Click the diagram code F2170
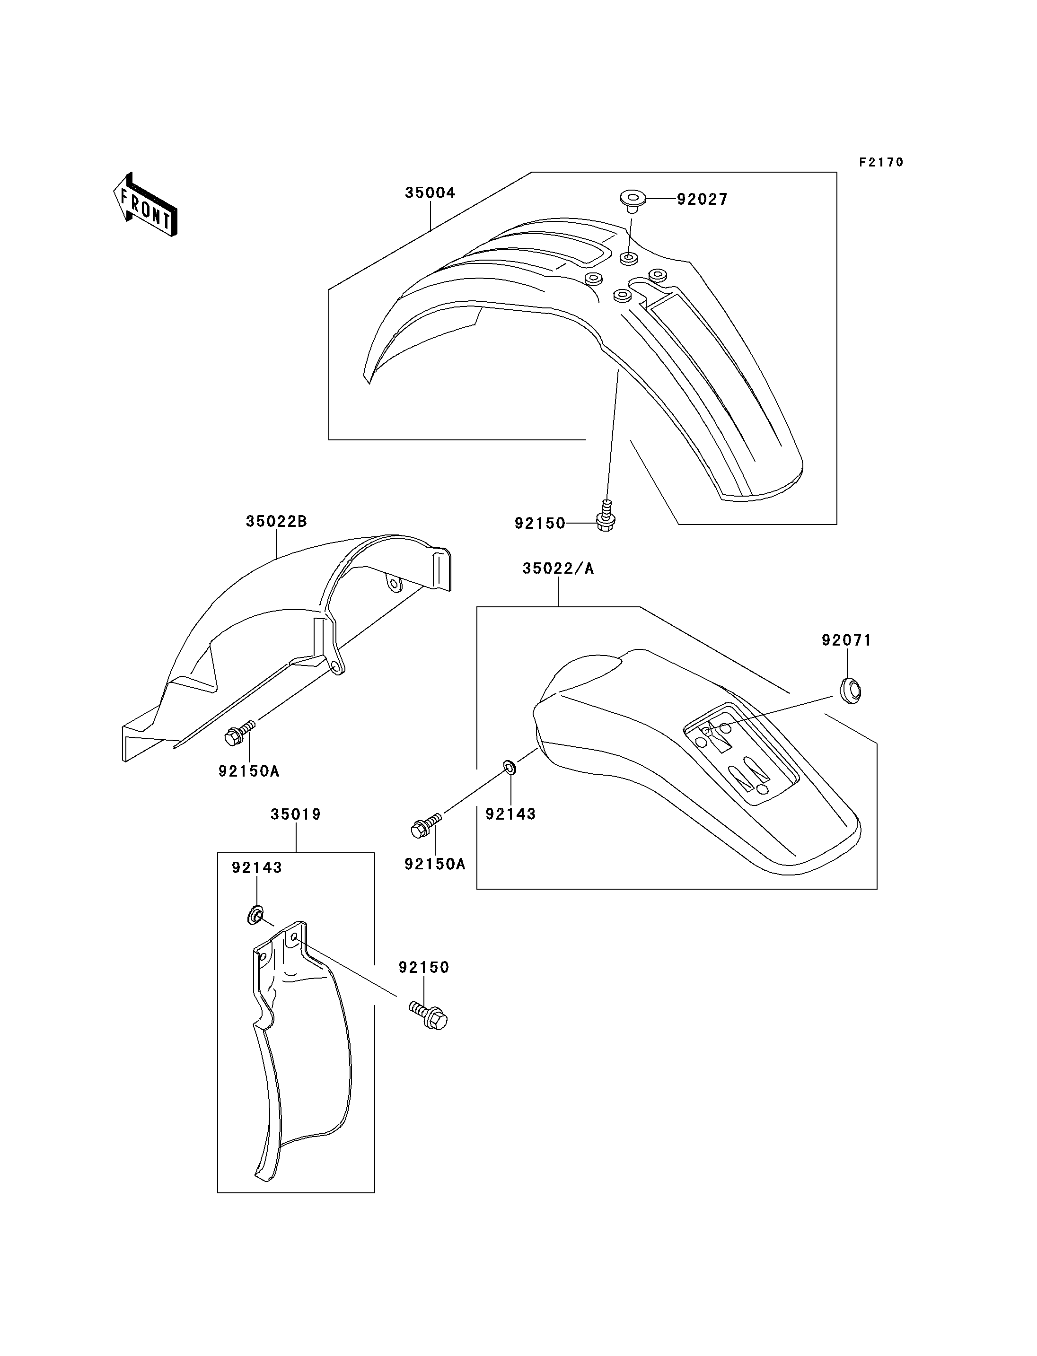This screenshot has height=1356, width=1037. pyautogui.click(x=881, y=162)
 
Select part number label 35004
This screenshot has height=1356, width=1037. pyautogui.click(x=430, y=193)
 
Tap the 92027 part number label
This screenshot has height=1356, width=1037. pyautogui.click(x=703, y=200)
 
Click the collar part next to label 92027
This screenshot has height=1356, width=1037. pyautogui.click(x=632, y=201)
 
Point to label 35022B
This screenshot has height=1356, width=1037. pyautogui.click(x=276, y=522)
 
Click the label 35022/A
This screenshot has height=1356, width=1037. pyautogui.click(x=558, y=569)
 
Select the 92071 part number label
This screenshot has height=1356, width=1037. pyautogui.click(x=846, y=641)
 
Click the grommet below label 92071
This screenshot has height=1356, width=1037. pyautogui.click(x=850, y=691)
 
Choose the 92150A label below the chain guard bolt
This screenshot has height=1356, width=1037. pyautogui.click(x=249, y=771)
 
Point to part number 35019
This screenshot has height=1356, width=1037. pyautogui.click(x=296, y=815)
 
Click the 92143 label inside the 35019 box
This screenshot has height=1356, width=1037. pyautogui.click(x=257, y=868)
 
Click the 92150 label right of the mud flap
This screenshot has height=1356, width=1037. pyautogui.click(x=423, y=968)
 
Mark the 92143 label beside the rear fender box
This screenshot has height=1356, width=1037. pyautogui.click(x=510, y=814)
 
